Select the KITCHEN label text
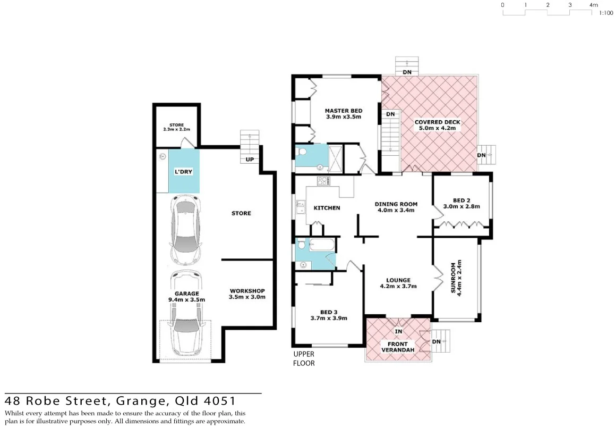click(327, 208)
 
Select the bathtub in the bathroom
click(322, 246)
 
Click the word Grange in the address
click(138, 400)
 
